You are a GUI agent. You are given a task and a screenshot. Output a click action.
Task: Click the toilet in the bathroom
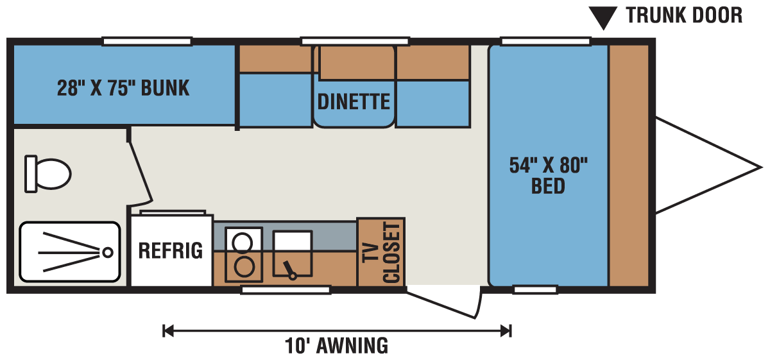point(47,174)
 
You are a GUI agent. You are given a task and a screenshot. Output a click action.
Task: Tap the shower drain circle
point(108,253)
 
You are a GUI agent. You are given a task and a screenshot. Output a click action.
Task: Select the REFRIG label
point(171,250)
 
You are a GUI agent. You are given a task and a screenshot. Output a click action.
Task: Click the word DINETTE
point(354,101)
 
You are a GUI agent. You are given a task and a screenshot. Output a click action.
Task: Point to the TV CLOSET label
point(382,253)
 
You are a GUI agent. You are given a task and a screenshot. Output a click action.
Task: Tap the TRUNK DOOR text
point(684,15)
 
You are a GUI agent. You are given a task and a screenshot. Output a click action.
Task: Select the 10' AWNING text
point(336,345)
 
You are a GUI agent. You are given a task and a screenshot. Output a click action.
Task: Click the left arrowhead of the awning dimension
point(167,330)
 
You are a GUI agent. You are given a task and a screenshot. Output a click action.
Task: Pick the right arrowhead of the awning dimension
point(506,330)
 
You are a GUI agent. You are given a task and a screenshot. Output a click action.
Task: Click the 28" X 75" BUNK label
point(123,88)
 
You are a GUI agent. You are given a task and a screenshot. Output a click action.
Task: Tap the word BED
point(548,186)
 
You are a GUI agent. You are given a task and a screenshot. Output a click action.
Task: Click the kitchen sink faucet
point(289,270)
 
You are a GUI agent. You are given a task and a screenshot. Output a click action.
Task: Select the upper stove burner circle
point(243,242)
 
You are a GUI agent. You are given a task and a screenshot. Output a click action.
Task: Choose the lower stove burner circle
point(244,267)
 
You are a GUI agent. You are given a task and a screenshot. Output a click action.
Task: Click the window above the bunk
point(147,42)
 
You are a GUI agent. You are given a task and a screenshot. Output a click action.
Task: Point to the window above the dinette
point(355,42)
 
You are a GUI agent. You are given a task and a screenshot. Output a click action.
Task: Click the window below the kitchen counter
point(286,290)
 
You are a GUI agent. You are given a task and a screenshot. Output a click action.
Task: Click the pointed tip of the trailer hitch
point(762,167)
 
